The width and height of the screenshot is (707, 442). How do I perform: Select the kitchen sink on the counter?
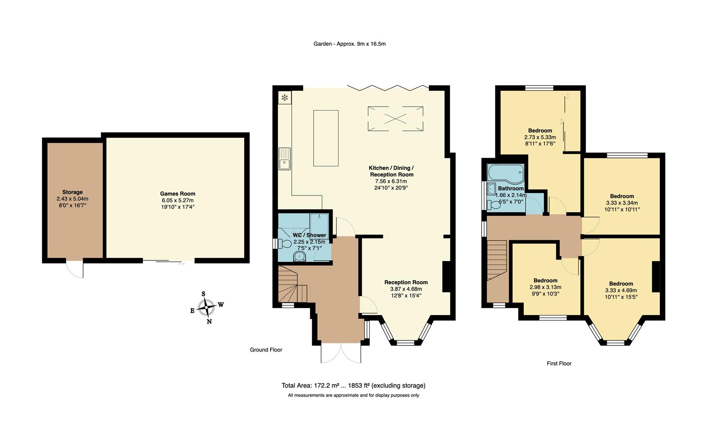[x=284, y=159]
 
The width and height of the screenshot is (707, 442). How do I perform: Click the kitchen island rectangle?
[x=326, y=138]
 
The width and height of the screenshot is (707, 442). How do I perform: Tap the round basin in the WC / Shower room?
[x=299, y=257]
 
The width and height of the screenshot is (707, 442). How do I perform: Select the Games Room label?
[x=178, y=194]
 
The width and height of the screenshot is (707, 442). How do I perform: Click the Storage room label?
[x=72, y=192]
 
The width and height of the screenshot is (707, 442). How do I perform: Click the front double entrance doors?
[x=341, y=353]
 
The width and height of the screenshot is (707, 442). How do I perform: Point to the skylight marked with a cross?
[x=395, y=119]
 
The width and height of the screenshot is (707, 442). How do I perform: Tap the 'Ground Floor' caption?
[x=266, y=350]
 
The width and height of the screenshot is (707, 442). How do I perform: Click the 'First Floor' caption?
[x=559, y=363]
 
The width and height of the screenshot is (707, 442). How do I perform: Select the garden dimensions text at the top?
[x=349, y=43]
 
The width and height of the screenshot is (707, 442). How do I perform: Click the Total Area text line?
[x=353, y=385]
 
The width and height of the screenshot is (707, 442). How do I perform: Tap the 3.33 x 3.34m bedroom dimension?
[x=621, y=203]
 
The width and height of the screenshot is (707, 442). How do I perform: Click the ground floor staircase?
[x=291, y=285]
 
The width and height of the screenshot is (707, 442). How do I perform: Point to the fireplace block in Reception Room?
[x=447, y=277]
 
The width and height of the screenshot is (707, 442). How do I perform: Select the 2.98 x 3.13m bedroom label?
[x=545, y=287]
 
